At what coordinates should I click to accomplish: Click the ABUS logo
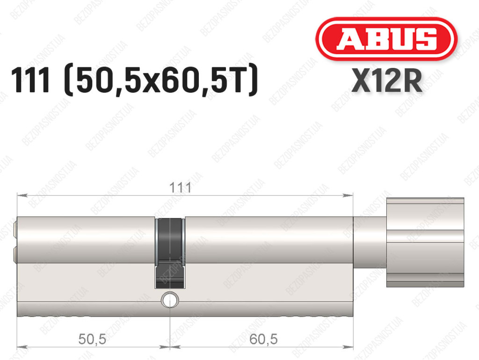(386, 39)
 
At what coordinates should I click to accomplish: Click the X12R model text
(387, 80)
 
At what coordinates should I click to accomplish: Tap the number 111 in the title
(30, 80)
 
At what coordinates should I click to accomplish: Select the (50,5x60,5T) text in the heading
(161, 81)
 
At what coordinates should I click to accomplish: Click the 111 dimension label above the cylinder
(180, 187)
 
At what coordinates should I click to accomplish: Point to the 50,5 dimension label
(92, 339)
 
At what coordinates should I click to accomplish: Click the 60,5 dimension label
(263, 339)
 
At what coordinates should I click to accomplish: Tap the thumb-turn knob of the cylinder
(425, 242)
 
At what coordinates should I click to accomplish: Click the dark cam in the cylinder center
(170, 253)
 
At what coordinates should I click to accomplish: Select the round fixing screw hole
(170, 300)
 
